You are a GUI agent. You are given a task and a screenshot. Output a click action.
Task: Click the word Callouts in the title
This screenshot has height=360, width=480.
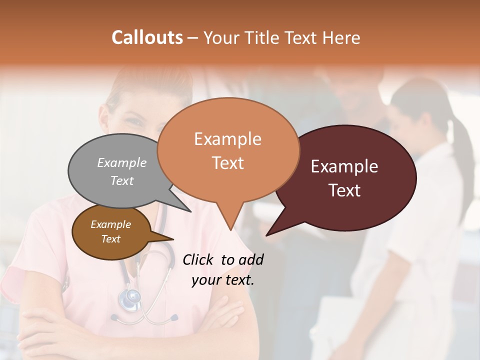(x=147, y=37)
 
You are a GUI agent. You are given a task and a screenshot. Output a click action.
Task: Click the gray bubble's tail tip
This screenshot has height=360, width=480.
(x=190, y=211)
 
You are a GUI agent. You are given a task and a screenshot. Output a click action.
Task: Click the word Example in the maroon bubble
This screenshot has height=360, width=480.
(x=344, y=166)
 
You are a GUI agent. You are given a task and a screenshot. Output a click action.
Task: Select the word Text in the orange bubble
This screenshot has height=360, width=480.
(x=228, y=163)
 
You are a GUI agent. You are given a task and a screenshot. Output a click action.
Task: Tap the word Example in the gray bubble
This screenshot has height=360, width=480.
(x=122, y=162)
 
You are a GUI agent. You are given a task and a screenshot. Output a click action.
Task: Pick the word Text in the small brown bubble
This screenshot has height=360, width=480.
(x=111, y=239)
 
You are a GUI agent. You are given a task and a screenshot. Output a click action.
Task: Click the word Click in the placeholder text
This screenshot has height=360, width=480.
(x=199, y=259)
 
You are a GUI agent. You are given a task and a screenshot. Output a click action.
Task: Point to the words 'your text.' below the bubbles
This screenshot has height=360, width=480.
(x=223, y=280)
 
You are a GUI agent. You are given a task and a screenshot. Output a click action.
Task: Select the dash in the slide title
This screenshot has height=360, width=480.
(x=192, y=38)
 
